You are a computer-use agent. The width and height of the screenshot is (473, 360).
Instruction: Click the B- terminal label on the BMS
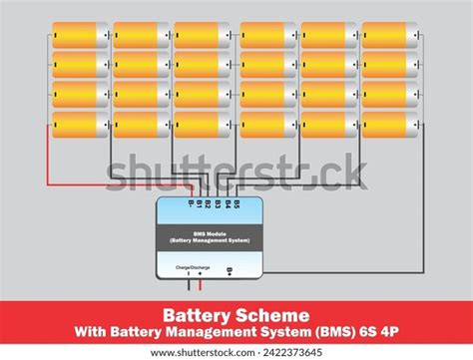click(192, 204)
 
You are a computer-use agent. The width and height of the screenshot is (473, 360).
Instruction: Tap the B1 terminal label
click(200, 204)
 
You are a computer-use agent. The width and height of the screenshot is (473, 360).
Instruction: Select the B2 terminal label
click(208, 204)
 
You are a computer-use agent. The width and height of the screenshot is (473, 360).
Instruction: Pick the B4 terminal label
click(227, 204)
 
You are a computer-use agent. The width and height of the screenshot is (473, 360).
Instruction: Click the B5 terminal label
click(236, 204)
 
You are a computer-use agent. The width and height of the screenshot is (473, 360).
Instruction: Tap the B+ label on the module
click(231, 270)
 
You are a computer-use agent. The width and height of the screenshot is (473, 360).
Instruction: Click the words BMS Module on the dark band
click(210, 234)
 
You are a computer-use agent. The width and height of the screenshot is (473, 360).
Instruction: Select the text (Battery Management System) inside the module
click(210, 240)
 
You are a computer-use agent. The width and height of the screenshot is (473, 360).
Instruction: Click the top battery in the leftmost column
click(80, 36)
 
